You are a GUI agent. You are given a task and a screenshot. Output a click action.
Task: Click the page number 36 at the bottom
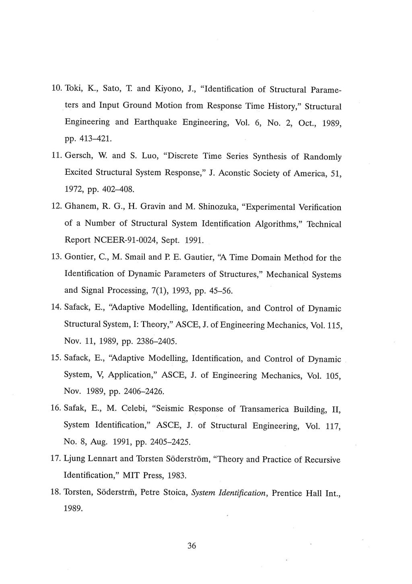tap(192, 546)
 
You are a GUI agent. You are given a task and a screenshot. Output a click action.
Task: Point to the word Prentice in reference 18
tap(286, 493)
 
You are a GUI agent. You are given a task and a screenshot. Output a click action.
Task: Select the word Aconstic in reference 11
tap(229, 173)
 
